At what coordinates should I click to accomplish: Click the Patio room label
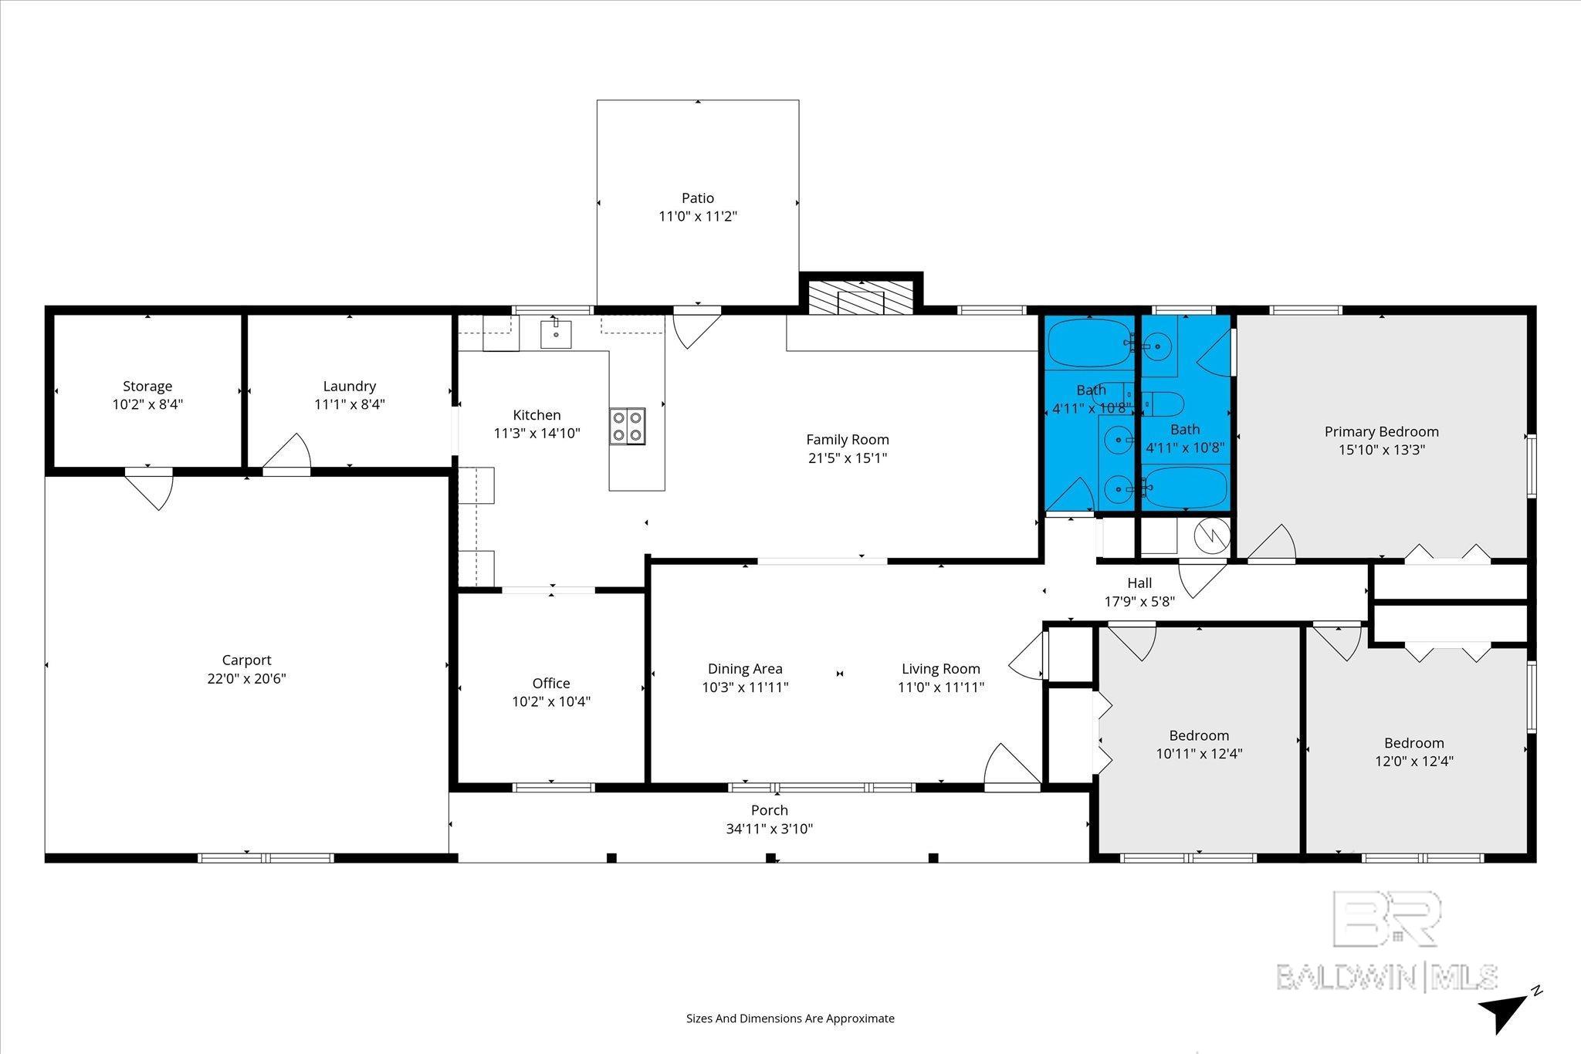click(697, 198)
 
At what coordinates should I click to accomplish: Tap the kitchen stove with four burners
click(628, 426)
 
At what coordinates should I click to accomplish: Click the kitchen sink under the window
click(555, 334)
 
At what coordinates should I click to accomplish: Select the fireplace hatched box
click(861, 296)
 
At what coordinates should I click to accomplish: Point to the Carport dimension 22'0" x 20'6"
click(247, 679)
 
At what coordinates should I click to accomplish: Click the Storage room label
click(147, 386)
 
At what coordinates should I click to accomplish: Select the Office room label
click(551, 683)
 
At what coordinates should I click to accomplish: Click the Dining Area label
click(745, 669)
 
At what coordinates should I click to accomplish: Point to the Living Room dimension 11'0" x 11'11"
click(941, 687)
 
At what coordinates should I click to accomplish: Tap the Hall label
click(1139, 583)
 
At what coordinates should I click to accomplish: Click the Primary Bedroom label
click(1382, 432)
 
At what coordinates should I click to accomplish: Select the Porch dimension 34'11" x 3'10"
click(770, 829)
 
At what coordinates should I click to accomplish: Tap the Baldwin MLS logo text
click(1386, 977)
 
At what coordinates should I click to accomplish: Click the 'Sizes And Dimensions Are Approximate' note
click(790, 1019)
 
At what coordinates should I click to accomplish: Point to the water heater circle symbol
click(1210, 533)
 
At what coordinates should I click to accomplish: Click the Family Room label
click(848, 440)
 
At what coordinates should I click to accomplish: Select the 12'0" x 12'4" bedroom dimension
click(1414, 761)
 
